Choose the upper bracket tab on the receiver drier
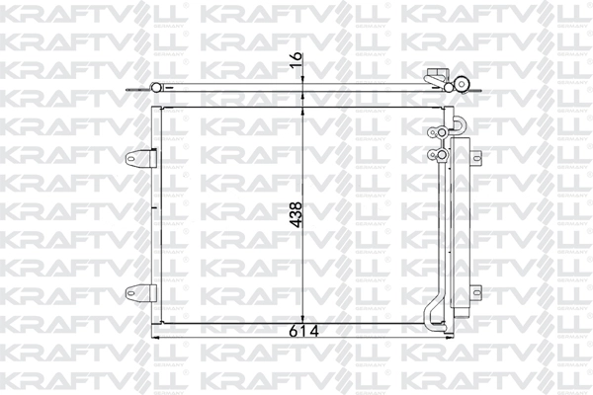tap(476, 158)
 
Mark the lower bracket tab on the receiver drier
tap(476, 292)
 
